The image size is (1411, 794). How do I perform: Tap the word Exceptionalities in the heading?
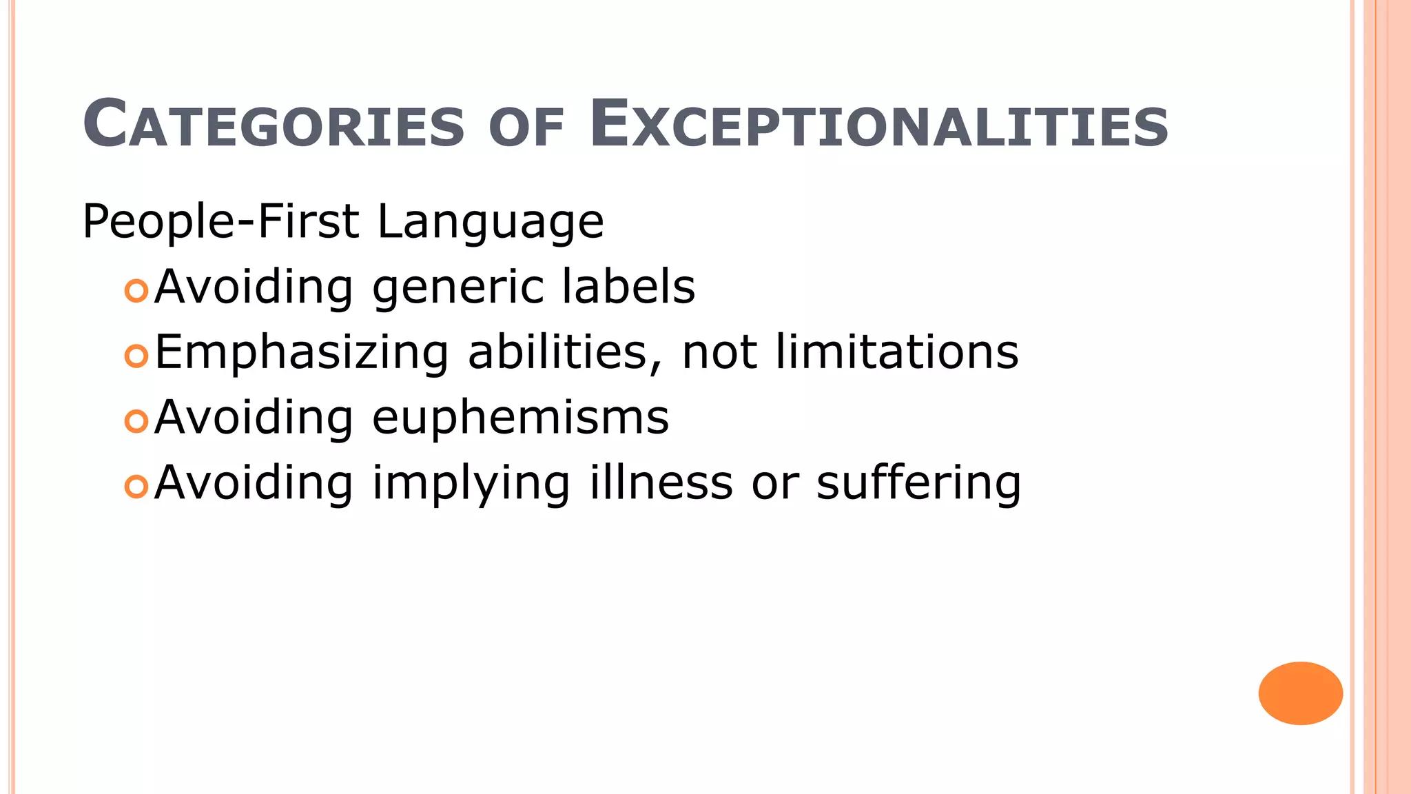[879, 125]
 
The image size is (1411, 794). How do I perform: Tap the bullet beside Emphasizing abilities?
[136, 356]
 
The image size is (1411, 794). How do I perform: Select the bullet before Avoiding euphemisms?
[136, 420]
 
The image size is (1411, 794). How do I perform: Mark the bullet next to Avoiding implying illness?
[136, 487]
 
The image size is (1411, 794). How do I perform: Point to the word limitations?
[896, 352]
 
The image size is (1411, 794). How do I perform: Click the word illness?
[661, 482]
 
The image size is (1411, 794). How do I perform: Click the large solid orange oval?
[1300, 693]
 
